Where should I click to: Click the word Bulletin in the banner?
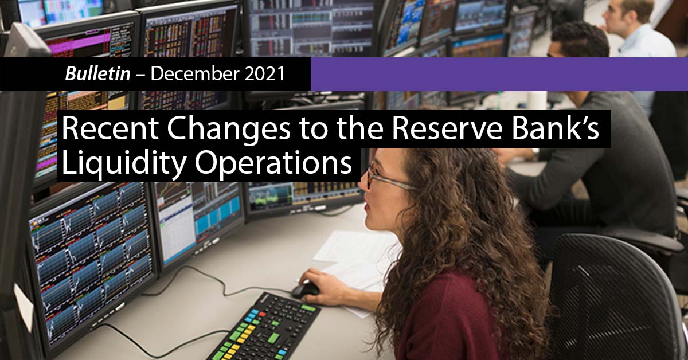(x=98, y=75)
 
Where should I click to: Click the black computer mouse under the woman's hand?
(x=306, y=290)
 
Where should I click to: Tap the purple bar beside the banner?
(x=499, y=75)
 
